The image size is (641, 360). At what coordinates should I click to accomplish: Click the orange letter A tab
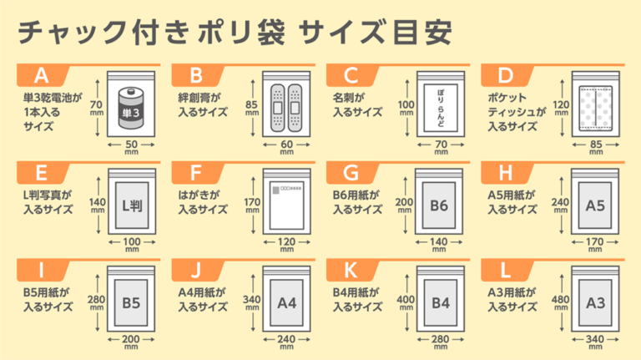tap(41, 75)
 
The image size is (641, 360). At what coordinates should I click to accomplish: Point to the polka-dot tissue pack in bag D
tap(596, 109)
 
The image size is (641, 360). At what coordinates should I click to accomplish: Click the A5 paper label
tap(595, 205)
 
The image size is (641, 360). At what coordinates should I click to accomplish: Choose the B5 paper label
tap(131, 302)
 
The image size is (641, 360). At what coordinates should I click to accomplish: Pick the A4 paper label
tap(286, 302)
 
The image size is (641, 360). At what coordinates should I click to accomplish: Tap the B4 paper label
tap(441, 302)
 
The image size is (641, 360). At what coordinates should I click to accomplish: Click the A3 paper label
tap(595, 302)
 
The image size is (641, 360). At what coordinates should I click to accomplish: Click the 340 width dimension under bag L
tap(596, 340)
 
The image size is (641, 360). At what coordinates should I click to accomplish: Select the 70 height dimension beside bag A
tap(97, 104)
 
